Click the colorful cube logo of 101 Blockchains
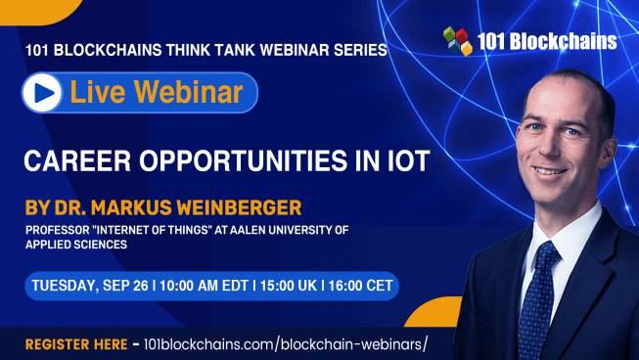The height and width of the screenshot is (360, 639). click(456, 41)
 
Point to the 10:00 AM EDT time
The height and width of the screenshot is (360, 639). click(201, 286)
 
